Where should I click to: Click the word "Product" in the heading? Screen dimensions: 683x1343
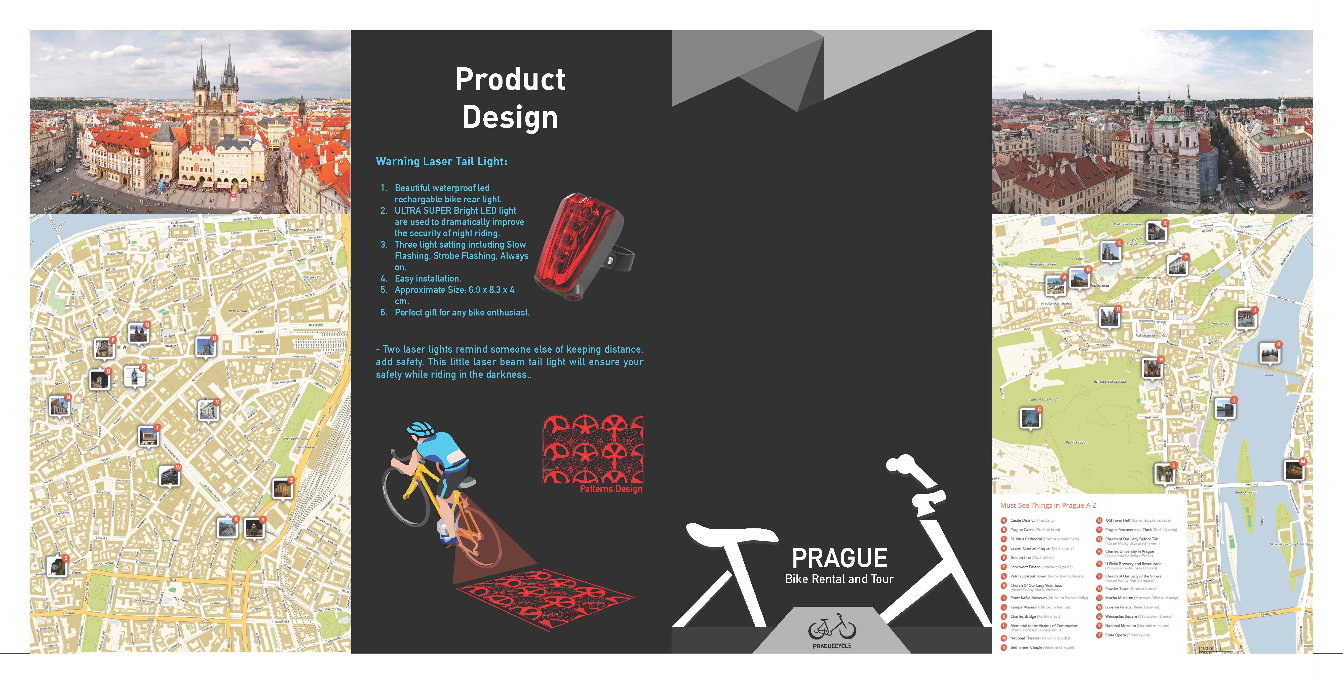[510, 80]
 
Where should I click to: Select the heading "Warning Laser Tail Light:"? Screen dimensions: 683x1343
[441, 161]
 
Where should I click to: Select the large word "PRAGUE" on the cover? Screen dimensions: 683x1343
[839, 559]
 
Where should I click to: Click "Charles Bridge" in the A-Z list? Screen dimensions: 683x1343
[1023, 616]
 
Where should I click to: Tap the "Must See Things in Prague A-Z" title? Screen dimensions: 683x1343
[1048, 505]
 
